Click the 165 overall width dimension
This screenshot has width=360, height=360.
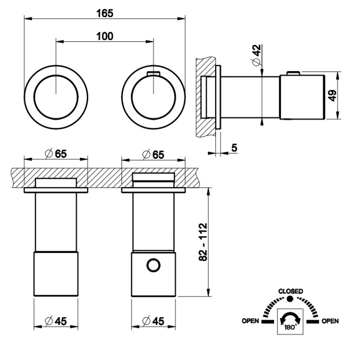pyautogui.click(x=104, y=13)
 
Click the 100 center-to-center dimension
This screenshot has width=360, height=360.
pyautogui.click(x=104, y=36)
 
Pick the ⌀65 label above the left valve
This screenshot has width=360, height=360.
pyautogui.click(x=56, y=154)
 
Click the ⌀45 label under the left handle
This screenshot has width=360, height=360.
pyautogui.click(x=56, y=321)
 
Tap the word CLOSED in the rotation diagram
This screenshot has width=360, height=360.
pyautogui.click(x=290, y=291)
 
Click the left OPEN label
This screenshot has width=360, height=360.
pyautogui.click(x=251, y=321)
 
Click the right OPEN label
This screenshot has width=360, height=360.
pyautogui.click(x=330, y=321)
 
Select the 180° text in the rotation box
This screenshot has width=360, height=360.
pyautogui.click(x=290, y=327)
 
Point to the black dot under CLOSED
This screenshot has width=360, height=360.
pyautogui.click(x=290, y=299)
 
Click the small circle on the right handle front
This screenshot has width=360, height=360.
pyautogui.click(x=153, y=266)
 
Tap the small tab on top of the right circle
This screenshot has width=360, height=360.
pyautogui.click(x=153, y=73)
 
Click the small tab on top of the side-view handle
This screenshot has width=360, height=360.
pyautogui.click(x=293, y=73)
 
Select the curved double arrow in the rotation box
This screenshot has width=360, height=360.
pyautogui.click(x=290, y=318)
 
